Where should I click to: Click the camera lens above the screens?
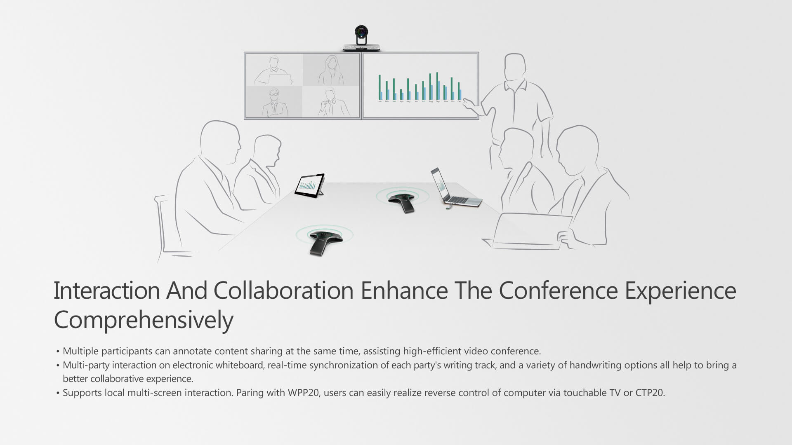(x=362, y=32)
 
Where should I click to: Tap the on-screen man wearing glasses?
(x=273, y=102)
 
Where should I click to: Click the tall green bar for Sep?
(x=437, y=86)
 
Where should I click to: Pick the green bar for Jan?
(x=380, y=87)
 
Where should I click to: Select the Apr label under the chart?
(x=401, y=101)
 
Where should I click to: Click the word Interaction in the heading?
(x=107, y=290)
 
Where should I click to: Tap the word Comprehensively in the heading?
(x=144, y=320)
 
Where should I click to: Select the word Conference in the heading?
(x=558, y=290)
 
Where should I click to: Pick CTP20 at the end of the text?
(x=650, y=393)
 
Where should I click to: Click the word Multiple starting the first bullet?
(x=80, y=351)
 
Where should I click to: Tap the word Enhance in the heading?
(x=404, y=290)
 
